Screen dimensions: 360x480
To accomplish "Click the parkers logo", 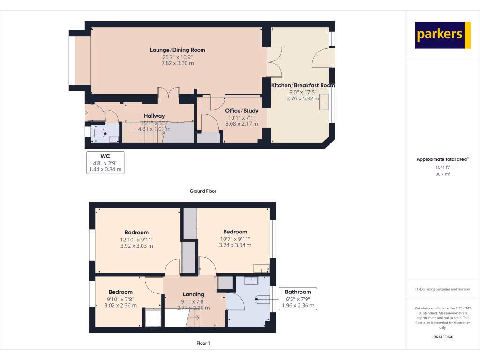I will coord(442,35).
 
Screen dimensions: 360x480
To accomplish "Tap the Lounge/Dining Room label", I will coord(177,50).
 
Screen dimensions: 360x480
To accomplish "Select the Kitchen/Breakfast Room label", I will coord(303,86).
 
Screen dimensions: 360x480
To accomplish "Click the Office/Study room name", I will coord(242,111).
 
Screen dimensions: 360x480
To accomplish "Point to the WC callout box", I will coord(105,163).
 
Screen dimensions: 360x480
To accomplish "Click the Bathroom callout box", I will coord(298,299).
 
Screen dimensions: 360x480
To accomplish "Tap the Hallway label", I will coord(154,116).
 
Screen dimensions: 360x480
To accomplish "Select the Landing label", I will coord(193,294).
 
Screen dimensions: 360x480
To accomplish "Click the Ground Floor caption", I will coord(202,191).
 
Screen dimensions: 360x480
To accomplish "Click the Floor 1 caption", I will coord(202,343).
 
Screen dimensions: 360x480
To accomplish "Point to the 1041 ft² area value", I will coord(442,167).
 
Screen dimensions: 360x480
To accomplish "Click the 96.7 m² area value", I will coord(442,174).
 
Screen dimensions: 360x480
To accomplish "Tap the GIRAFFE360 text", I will coord(442,337).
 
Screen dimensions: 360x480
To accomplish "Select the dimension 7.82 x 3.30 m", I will coord(177,63).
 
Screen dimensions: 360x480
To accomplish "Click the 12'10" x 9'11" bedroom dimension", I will coord(136,239).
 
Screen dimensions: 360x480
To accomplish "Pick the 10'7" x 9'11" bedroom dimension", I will coord(235,239).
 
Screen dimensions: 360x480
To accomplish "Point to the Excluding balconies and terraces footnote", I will coord(442,289).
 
